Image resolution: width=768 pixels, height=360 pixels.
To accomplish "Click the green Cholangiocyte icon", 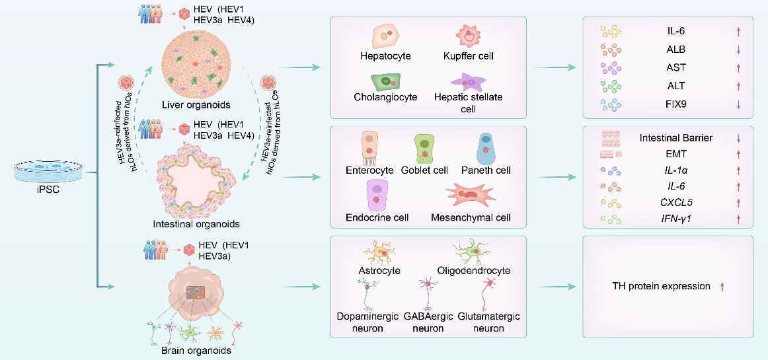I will point(385,82).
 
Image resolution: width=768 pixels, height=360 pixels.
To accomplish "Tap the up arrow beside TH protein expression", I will point(722,287).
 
